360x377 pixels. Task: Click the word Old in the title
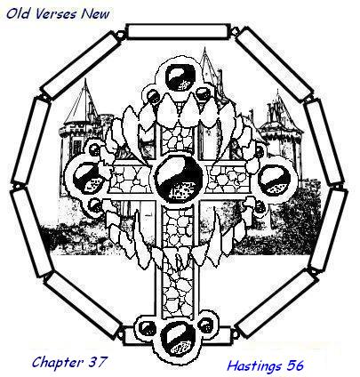click(16, 14)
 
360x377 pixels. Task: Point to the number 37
click(97, 362)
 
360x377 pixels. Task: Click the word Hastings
click(253, 365)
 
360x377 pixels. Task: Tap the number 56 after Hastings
click(294, 365)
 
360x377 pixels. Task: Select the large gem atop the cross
click(180, 77)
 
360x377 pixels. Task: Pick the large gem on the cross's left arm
click(88, 179)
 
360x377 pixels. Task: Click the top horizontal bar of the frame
click(179, 32)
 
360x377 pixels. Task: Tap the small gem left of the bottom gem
click(148, 329)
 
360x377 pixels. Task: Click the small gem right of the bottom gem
click(206, 325)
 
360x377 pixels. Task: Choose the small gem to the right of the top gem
click(203, 93)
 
